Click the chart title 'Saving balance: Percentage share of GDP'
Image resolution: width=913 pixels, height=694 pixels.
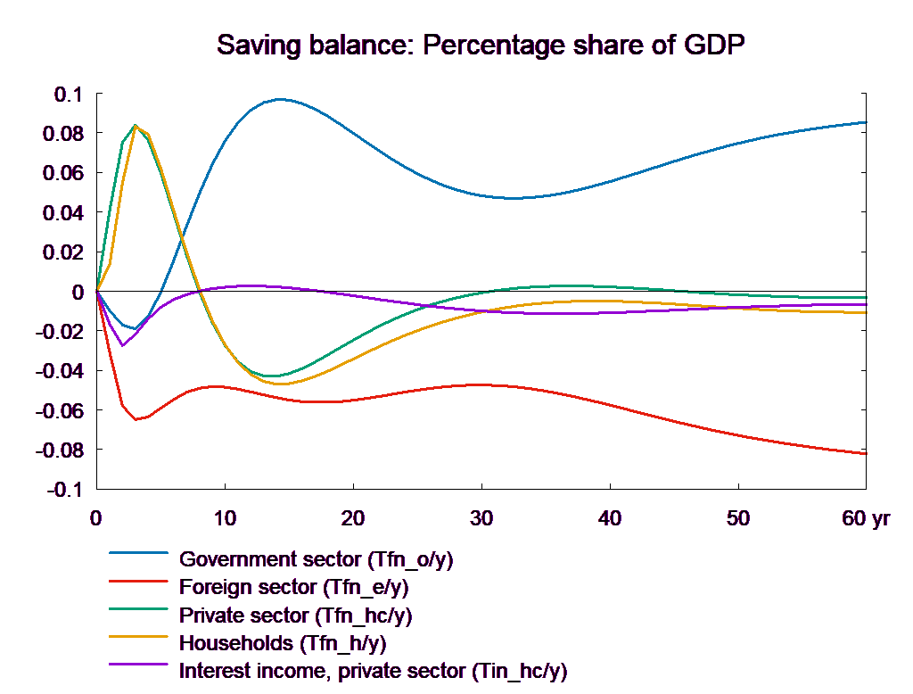click(481, 45)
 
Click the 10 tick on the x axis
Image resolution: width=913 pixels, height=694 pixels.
click(225, 519)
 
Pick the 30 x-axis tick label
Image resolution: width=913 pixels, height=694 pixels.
click(481, 519)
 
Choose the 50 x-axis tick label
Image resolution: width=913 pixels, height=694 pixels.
click(738, 519)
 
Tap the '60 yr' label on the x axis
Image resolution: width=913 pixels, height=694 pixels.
click(866, 519)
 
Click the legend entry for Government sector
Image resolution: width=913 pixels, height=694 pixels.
click(317, 560)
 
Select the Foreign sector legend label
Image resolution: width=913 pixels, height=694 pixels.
click(294, 588)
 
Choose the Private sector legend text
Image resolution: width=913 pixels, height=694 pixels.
click(296, 616)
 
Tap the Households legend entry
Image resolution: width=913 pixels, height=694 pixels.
click(283, 642)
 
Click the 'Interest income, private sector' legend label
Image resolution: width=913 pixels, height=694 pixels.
click(373, 670)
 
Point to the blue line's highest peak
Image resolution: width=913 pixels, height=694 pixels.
click(280, 99)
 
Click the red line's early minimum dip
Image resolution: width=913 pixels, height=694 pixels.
click(136, 419)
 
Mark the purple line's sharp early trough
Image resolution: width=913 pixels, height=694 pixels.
click(123, 345)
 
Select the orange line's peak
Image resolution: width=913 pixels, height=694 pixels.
click(136, 126)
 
